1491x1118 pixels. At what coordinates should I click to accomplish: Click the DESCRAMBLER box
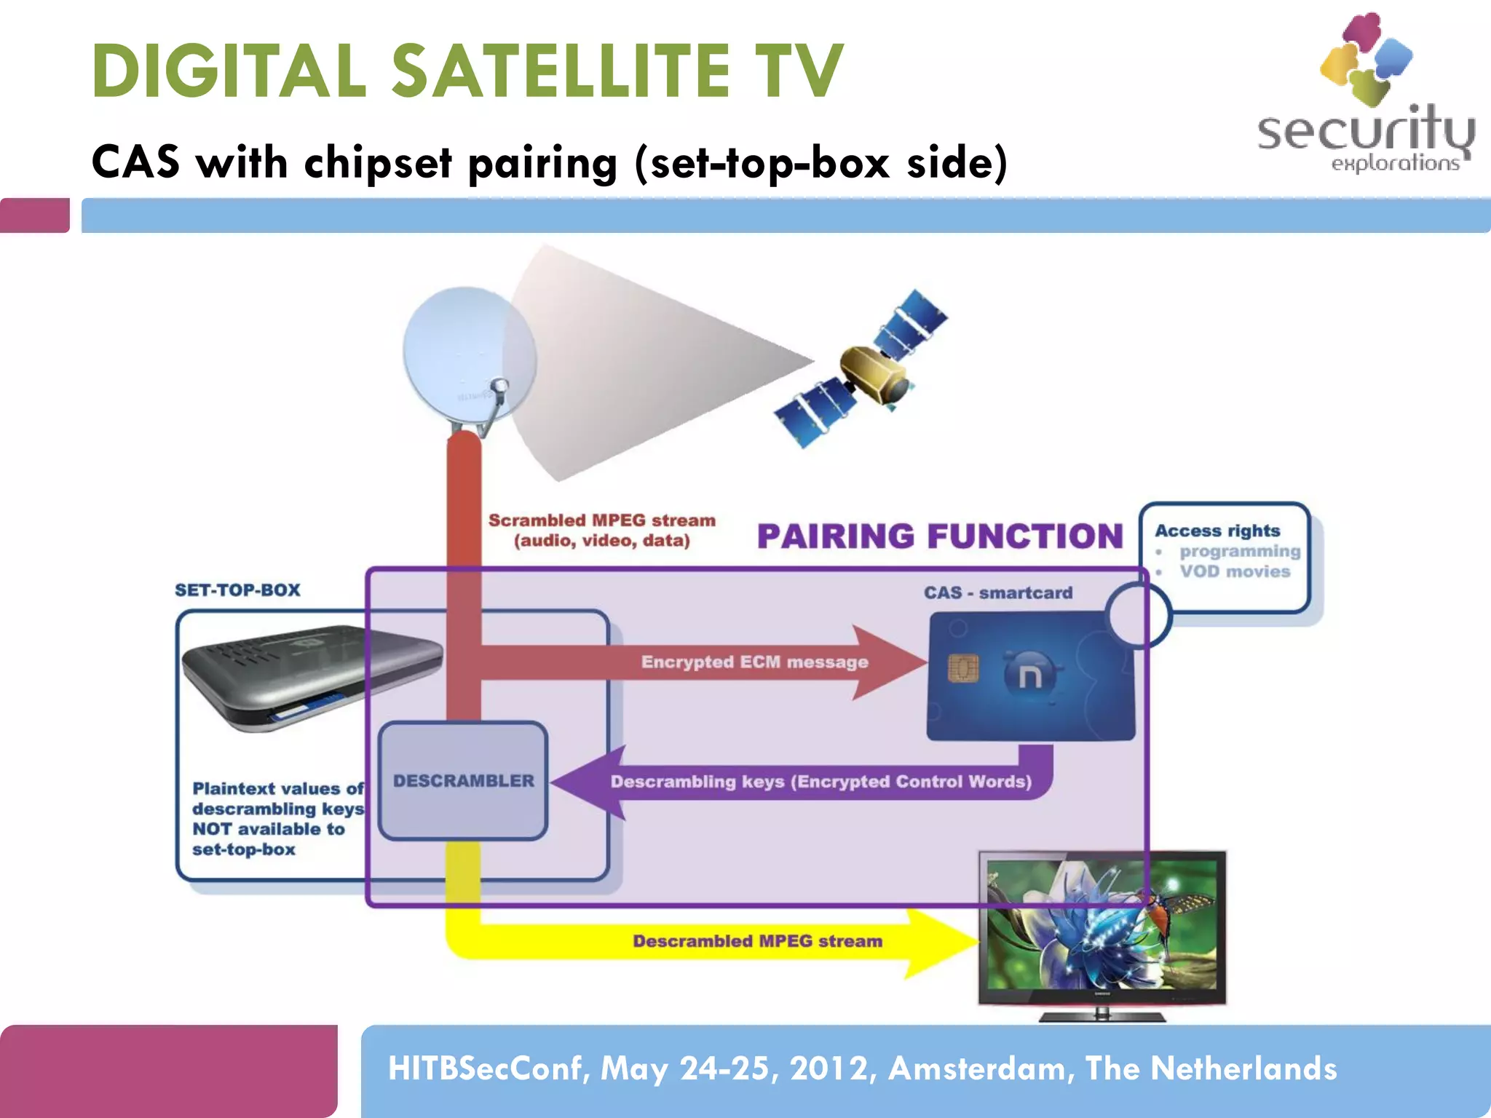point(463,780)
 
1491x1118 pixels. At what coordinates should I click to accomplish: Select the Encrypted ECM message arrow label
point(754,662)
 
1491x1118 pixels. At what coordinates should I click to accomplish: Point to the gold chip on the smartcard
point(962,667)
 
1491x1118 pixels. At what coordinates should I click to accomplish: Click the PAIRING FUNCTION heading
point(940,536)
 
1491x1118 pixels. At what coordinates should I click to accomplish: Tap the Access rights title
point(1217,531)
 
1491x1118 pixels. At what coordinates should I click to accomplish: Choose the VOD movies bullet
point(1235,571)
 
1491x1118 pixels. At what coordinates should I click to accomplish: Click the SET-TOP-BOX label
point(237,590)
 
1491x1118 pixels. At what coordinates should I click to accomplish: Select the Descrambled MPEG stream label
point(757,941)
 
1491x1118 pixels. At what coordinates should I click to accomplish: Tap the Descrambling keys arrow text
point(820,782)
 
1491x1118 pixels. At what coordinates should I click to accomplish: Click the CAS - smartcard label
point(998,592)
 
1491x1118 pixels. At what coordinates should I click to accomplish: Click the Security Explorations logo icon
point(1366,58)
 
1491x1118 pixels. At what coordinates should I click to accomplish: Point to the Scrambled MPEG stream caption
point(601,530)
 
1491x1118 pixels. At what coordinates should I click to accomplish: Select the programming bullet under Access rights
point(1239,551)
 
